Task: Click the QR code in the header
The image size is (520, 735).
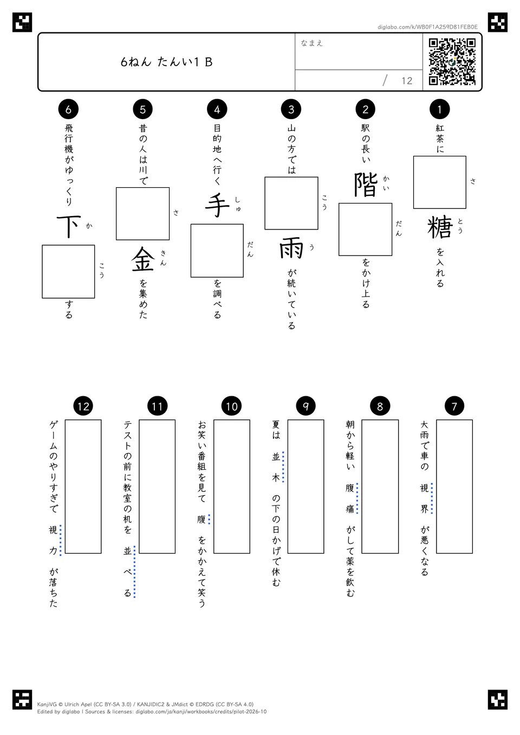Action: (452, 62)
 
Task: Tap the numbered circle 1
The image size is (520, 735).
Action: (440, 109)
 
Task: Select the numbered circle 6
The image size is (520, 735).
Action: (68, 109)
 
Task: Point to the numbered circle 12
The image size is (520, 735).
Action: (83, 406)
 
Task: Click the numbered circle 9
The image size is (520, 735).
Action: (305, 406)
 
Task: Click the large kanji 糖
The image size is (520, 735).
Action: (440, 227)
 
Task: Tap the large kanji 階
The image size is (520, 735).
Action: (366, 185)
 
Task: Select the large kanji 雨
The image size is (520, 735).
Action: (291, 248)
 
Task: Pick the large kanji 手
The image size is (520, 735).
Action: (217, 206)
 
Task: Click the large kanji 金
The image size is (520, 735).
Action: (143, 259)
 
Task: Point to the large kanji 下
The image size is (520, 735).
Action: (69, 226)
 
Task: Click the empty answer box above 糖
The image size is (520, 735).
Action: (440, 182)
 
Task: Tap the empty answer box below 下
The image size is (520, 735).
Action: (68, 272)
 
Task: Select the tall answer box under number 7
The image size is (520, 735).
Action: (454, 487)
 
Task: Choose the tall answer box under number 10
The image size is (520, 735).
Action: (232, 487)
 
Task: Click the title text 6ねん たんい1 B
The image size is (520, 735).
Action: (166, 62)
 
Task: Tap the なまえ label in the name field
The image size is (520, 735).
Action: (312, 43)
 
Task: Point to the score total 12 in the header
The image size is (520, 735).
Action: (407, 81)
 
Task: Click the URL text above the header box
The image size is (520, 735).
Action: (427, 27)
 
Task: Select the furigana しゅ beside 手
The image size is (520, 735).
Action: (238, 204)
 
